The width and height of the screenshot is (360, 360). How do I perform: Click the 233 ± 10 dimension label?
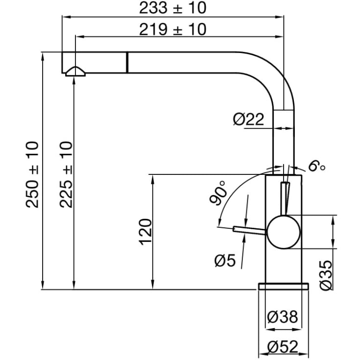point(172,8)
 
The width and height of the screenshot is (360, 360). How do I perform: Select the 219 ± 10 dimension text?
point(172,29)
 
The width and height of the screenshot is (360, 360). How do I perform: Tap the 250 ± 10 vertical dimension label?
point(32,175)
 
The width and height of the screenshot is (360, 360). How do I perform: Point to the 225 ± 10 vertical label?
point(66,175)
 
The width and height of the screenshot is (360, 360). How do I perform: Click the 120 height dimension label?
point(145,232)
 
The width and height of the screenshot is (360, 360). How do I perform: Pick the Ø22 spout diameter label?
point(248,120)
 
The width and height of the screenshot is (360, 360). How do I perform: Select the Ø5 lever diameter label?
point(225,261)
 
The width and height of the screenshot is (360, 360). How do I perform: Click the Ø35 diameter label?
point(326,275)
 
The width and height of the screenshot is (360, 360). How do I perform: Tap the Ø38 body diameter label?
point(283,316)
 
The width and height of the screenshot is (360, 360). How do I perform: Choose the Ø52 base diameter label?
point(283,346)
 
